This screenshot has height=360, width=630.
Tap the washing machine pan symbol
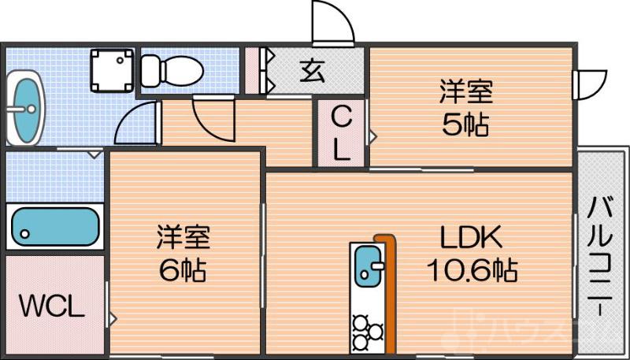coord(112,69)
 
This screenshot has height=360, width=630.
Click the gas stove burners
coord(367,332)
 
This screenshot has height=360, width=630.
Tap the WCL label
coord(51,306)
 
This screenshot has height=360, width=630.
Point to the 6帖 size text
coord(183,270)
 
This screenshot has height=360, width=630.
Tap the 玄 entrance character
coord(312,70)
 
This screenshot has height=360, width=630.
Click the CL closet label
coord(340,134)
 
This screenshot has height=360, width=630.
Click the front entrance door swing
coord(332,24)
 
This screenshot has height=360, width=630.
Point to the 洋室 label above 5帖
coord(466,92)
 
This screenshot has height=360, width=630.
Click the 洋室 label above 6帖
coord(183,236)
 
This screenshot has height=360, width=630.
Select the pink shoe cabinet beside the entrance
coord(253,71)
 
